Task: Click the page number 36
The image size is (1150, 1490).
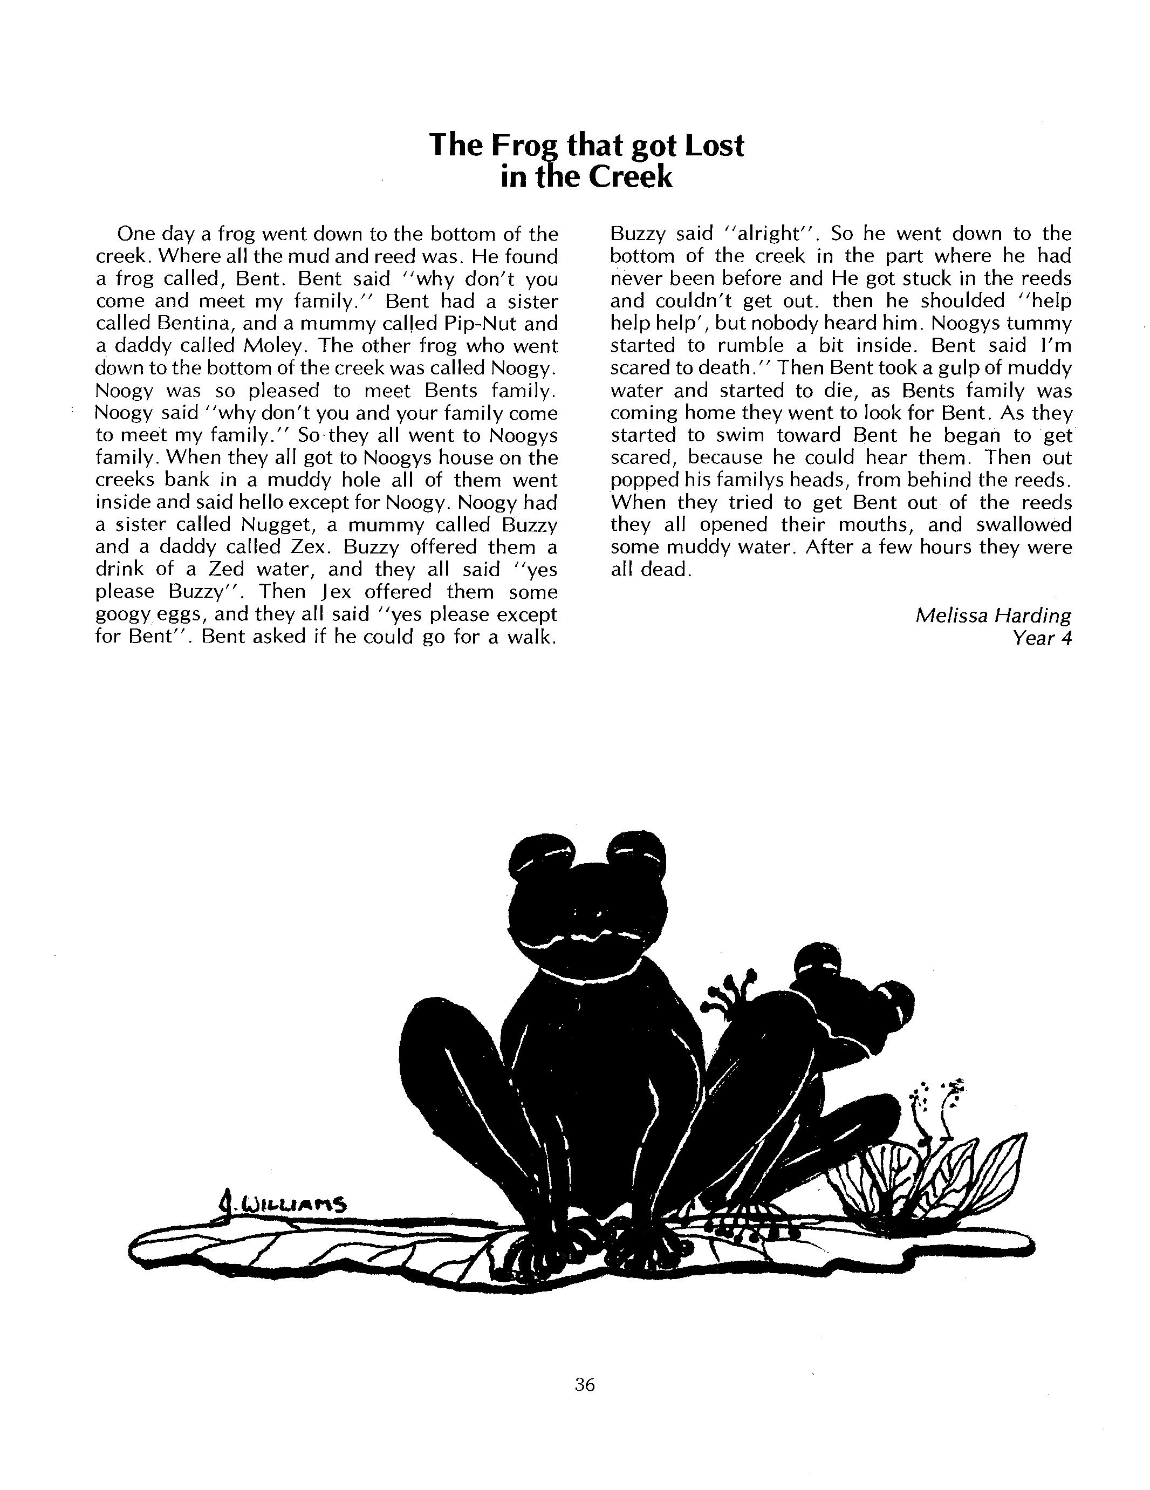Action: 585,1384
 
